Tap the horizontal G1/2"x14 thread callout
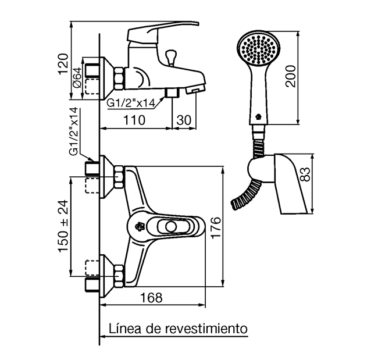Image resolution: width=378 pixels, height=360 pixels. tap(130, 103)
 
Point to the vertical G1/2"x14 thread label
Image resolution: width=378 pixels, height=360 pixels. tap(74, 131)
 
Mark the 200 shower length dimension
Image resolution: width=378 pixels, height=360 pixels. tap(290, 76)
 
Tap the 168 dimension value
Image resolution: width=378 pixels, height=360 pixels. tap(152, 297)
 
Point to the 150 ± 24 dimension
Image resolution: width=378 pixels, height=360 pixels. tap(63, 226)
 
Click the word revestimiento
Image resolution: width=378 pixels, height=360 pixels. tap(205, 328)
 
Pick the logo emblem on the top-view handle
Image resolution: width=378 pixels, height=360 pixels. tap(140, 226)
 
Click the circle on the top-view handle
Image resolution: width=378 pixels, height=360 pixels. tap(170, 226)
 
